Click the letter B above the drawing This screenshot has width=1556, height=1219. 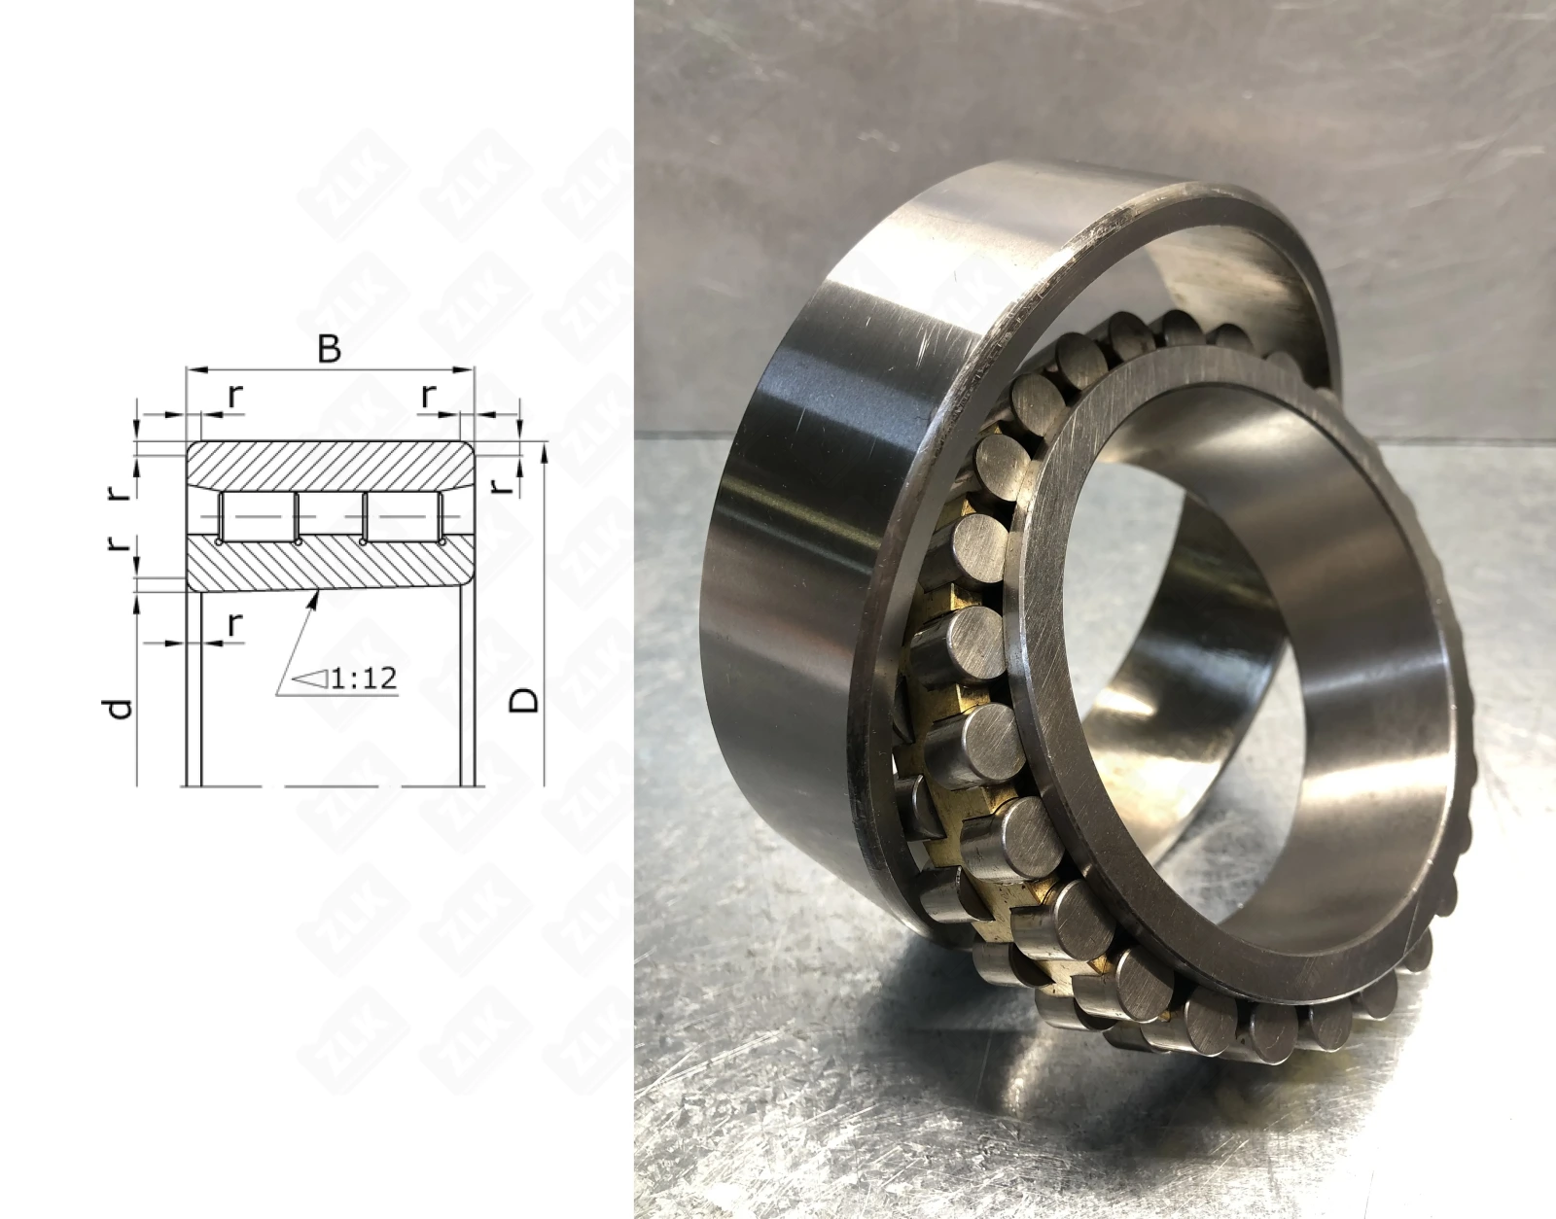pos(329,350)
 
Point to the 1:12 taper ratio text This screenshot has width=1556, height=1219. pos(364,678)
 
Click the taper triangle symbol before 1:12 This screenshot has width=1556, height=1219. pos(312,678)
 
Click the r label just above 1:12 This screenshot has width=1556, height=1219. pos(235,625)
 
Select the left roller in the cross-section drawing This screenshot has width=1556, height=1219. pos(259,515)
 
